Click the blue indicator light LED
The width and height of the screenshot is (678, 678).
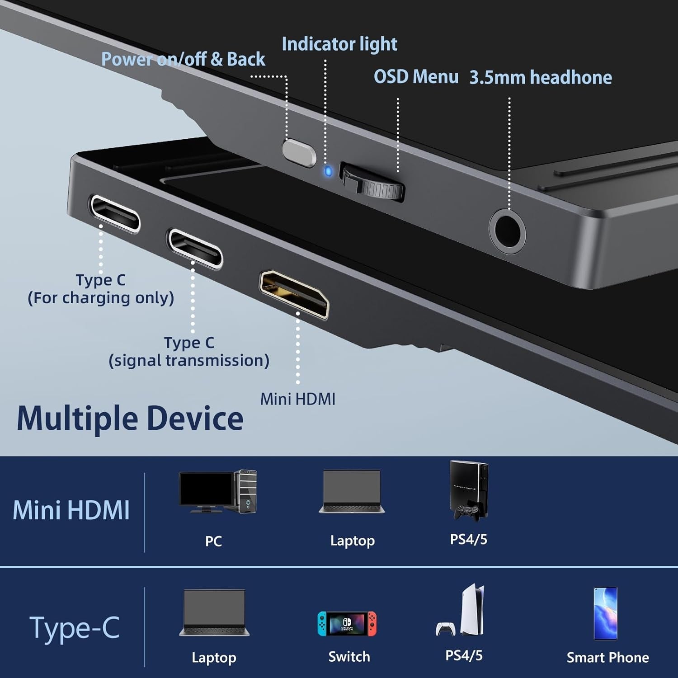click(x=329, y=172)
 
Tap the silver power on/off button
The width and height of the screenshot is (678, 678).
click(x=299, y=153)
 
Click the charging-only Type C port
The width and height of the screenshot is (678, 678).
click(x=114, y=213)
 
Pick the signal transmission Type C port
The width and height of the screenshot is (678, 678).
click(x=194, y=248)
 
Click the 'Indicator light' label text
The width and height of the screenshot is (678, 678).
click(x=339, y=44)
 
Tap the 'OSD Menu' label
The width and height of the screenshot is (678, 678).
click(x=416, y=77)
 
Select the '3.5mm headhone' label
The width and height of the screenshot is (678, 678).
click(x=541, y=78)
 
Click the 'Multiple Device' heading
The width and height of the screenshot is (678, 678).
click(x=130, y=419)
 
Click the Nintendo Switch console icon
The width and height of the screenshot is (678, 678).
click(x=347, y=624)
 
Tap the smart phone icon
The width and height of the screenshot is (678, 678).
click(x=605, y=613)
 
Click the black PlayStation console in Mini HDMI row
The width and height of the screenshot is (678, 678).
click(x=469, y=490)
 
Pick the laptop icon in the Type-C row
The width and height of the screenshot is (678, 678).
click(x=214, y=613)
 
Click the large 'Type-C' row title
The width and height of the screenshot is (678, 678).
click(x=75, y=628)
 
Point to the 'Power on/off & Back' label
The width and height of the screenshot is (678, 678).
click(x=183, y=60)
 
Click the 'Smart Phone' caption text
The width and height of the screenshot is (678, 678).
click(x=607, y=658)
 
